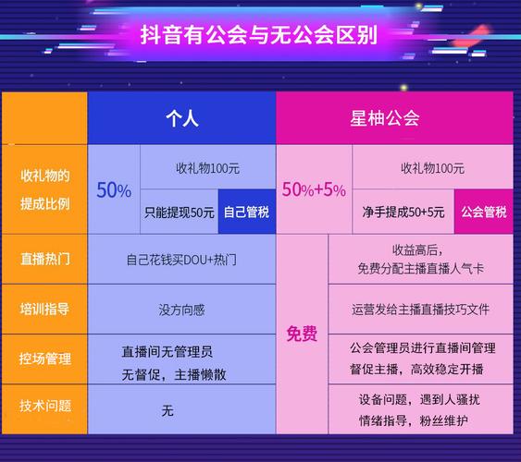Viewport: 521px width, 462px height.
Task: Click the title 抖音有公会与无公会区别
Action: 260,36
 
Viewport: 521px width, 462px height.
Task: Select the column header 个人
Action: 181,118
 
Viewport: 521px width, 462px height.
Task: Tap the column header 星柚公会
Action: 385,118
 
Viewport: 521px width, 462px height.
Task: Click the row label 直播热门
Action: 44,260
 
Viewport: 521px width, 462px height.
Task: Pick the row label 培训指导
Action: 44,309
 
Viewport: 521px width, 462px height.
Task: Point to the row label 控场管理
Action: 44,359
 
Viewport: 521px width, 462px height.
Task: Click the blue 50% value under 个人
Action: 114,190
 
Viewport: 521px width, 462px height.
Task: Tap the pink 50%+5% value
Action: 314,190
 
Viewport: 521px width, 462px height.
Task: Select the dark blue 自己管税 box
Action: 246,212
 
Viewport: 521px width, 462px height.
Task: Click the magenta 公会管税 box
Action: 483,212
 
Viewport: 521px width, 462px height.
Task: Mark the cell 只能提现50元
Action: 180,212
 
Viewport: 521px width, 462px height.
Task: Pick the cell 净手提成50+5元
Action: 403,212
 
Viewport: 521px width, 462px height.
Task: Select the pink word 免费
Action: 302,334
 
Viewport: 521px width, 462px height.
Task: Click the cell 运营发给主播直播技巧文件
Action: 420,310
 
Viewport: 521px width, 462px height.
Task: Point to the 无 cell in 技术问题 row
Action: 167,410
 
